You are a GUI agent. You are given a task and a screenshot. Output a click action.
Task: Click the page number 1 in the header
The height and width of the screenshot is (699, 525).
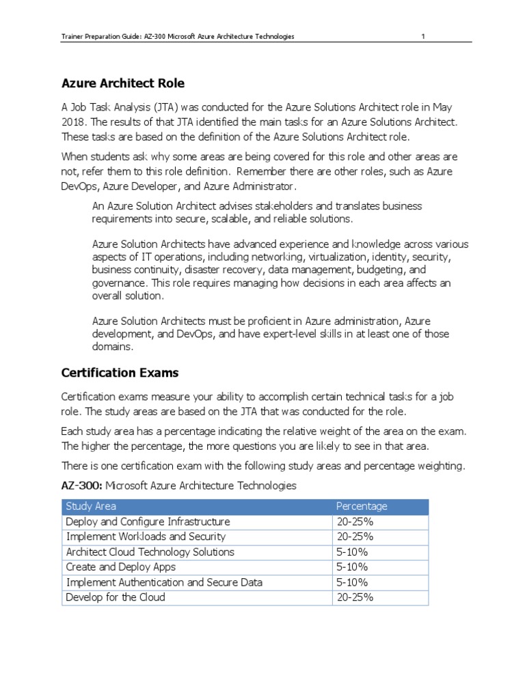423,36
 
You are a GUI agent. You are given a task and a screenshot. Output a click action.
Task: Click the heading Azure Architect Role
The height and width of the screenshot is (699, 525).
123,83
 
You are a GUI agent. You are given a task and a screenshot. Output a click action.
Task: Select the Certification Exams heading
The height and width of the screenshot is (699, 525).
120,373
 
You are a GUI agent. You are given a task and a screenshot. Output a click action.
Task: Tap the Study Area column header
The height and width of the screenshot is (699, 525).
91,507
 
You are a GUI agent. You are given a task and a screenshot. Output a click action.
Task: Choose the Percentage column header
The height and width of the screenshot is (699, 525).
362,507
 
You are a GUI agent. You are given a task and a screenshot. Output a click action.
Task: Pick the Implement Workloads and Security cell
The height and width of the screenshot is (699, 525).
146,537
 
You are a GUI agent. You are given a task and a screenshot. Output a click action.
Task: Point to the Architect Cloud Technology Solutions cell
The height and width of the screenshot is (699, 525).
150,552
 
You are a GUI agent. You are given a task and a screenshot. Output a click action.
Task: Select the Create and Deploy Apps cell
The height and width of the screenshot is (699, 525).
120,567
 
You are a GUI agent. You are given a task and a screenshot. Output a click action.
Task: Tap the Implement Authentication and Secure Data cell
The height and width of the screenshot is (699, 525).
164,582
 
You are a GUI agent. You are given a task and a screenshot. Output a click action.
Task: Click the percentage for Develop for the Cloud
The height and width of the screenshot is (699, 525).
355,597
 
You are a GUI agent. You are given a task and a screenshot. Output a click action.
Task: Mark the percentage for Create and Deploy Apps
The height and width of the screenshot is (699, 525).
352,567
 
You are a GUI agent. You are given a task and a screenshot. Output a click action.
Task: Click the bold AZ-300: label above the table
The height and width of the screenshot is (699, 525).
81,485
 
